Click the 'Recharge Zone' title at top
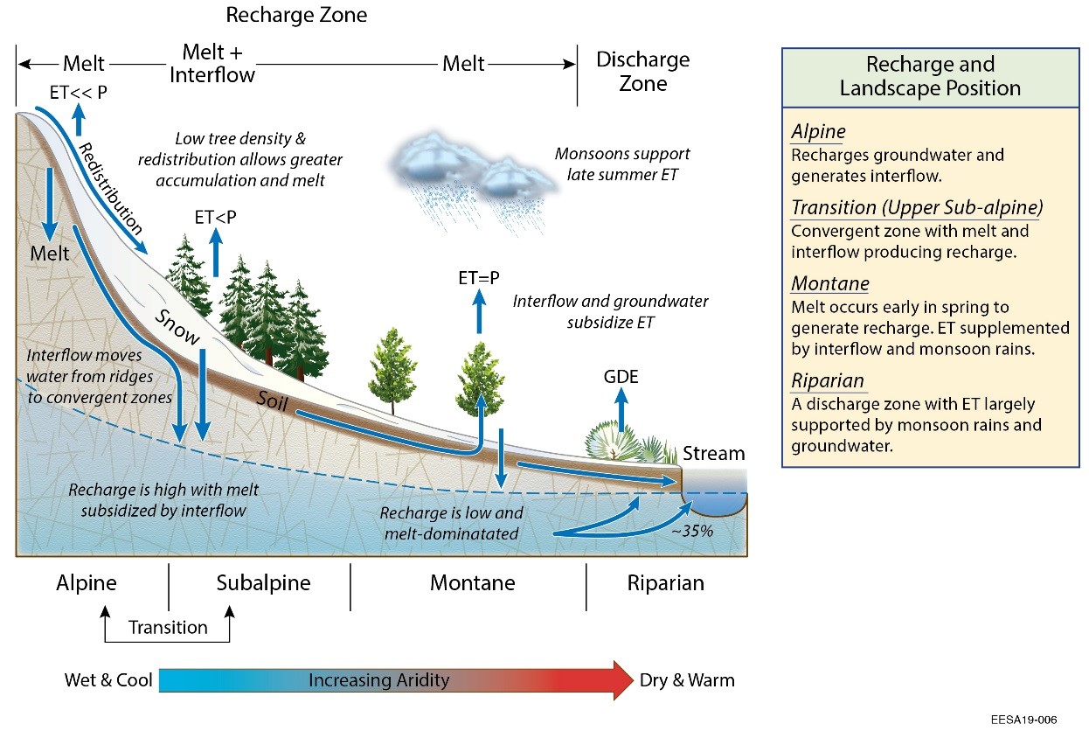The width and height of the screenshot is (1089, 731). [x=296, y=15]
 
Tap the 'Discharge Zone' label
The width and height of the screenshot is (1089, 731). [x=642, y=72]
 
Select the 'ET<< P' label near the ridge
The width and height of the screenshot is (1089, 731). [x=79, y=92]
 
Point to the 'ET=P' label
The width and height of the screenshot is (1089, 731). [x=479, y=278]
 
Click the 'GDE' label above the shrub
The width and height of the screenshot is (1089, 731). [x=621, y=377]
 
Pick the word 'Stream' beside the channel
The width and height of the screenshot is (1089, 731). [x=714, y=453]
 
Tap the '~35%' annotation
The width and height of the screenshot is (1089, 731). [x=692, y=531]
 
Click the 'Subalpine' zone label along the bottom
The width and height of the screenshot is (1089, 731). [x=263, y=583]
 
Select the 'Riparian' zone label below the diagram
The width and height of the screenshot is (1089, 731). [x=666, y=583]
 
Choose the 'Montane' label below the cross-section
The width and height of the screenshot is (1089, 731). [x=473, y=582]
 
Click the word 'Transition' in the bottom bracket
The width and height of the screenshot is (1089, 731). [x=168, y=628]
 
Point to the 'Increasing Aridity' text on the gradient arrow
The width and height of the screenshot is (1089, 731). [x=378, y=680]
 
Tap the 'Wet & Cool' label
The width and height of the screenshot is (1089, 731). [x=108, y=680]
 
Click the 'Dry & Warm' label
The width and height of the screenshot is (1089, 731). [x=687, y=680]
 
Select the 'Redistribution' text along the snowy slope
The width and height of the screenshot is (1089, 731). [x=110, y=189]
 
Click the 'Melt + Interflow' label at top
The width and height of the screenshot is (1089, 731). [x=212, y=64]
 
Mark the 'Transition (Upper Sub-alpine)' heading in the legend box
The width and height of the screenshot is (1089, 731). [x=917, y=207]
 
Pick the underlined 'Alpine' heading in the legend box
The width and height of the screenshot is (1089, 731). [x=818, y=131]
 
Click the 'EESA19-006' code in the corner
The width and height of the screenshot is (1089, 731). [x=1023, y=720]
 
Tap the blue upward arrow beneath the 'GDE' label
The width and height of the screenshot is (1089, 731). [x=621, y=410]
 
